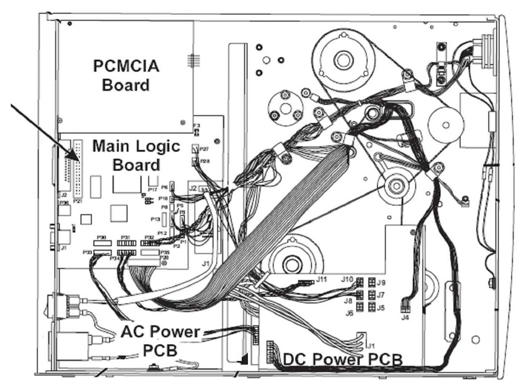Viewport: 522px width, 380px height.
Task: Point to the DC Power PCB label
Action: coord(342,359)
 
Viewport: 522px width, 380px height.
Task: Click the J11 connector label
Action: coord(322,279)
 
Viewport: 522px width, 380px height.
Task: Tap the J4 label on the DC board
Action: coord(405,318)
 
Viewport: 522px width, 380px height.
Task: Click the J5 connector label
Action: coord(381,307)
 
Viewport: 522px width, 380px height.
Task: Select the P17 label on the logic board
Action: coord(153,189)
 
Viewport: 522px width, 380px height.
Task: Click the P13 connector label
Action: coord(156,218)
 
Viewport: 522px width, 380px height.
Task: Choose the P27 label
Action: coord(205,149)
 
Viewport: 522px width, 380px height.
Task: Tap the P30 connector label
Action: coord(102,238)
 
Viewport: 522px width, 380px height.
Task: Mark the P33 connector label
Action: coord(87,253)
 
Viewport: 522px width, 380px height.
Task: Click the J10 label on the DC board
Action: coord(347,279)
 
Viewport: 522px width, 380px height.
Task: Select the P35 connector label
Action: coord(165,253)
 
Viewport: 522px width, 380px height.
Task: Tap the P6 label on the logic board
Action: coord(164,186)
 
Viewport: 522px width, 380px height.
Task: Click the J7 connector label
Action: coord(381,295)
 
